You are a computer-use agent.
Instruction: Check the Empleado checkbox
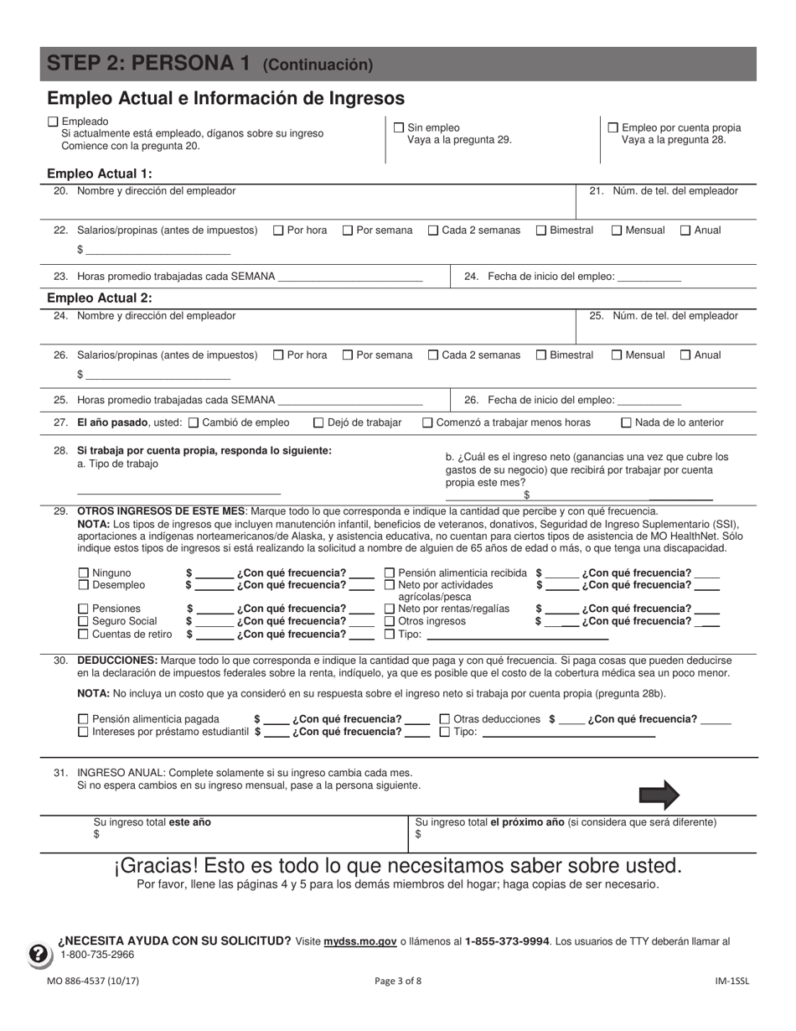(54, 122)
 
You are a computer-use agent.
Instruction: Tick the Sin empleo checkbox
(400, 128)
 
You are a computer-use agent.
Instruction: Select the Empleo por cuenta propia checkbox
(613, 128)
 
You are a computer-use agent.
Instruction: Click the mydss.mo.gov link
(360, 941)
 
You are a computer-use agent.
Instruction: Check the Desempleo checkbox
(83, 585)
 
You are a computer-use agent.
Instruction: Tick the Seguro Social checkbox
(83, 622)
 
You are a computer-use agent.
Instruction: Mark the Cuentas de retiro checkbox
(83, 635)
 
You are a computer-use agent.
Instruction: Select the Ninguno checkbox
(83, 573)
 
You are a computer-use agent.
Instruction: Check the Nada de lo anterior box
(626, 423)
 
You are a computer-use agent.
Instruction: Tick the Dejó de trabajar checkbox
(319, 423)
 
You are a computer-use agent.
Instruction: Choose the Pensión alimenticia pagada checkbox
(83, 719)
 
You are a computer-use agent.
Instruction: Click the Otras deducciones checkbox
(445, 719)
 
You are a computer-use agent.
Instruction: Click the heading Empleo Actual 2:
(100, 298)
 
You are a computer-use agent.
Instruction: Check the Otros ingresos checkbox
(390, 622)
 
